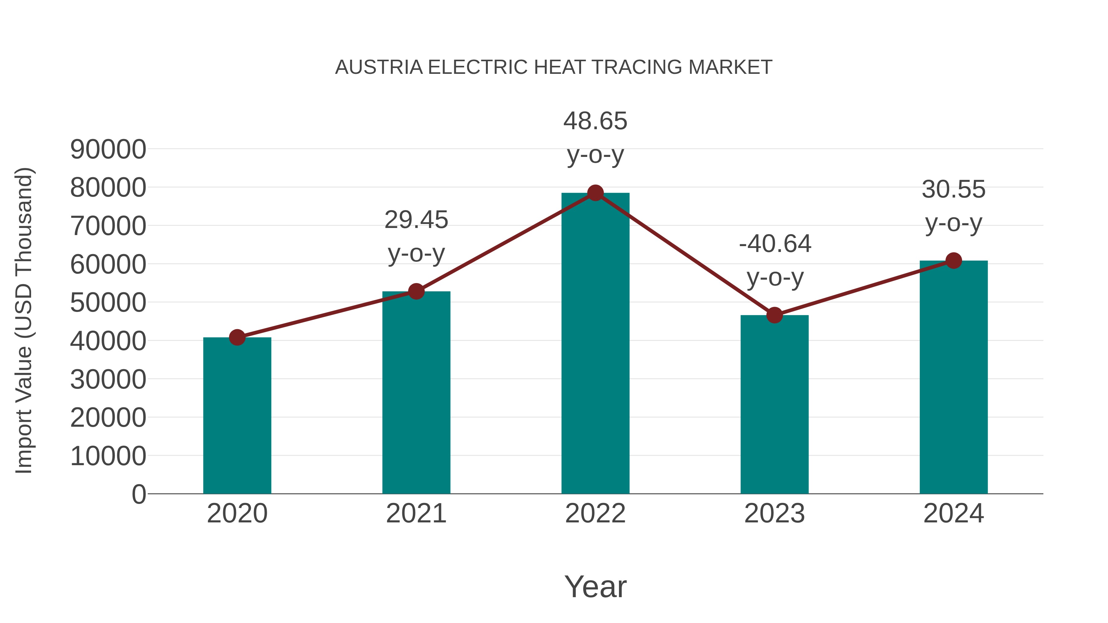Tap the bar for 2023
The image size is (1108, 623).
click(774, 404)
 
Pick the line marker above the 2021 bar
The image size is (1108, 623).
click(416, 292)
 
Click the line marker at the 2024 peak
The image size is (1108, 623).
click(953, 261)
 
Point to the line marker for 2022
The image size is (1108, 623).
click(595, 193)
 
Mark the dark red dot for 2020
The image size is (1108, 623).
click(237, 337)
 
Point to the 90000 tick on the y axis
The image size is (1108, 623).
click(108, 150)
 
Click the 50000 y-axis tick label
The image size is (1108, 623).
click(108, 303)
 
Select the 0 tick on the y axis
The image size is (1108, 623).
click(139, 494)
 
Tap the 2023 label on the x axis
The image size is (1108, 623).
click(774, 513)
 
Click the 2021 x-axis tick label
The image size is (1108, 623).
click(416, 513)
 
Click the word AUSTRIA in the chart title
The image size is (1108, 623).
click(379, 67)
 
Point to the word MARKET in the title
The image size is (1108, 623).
click(730, 67)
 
